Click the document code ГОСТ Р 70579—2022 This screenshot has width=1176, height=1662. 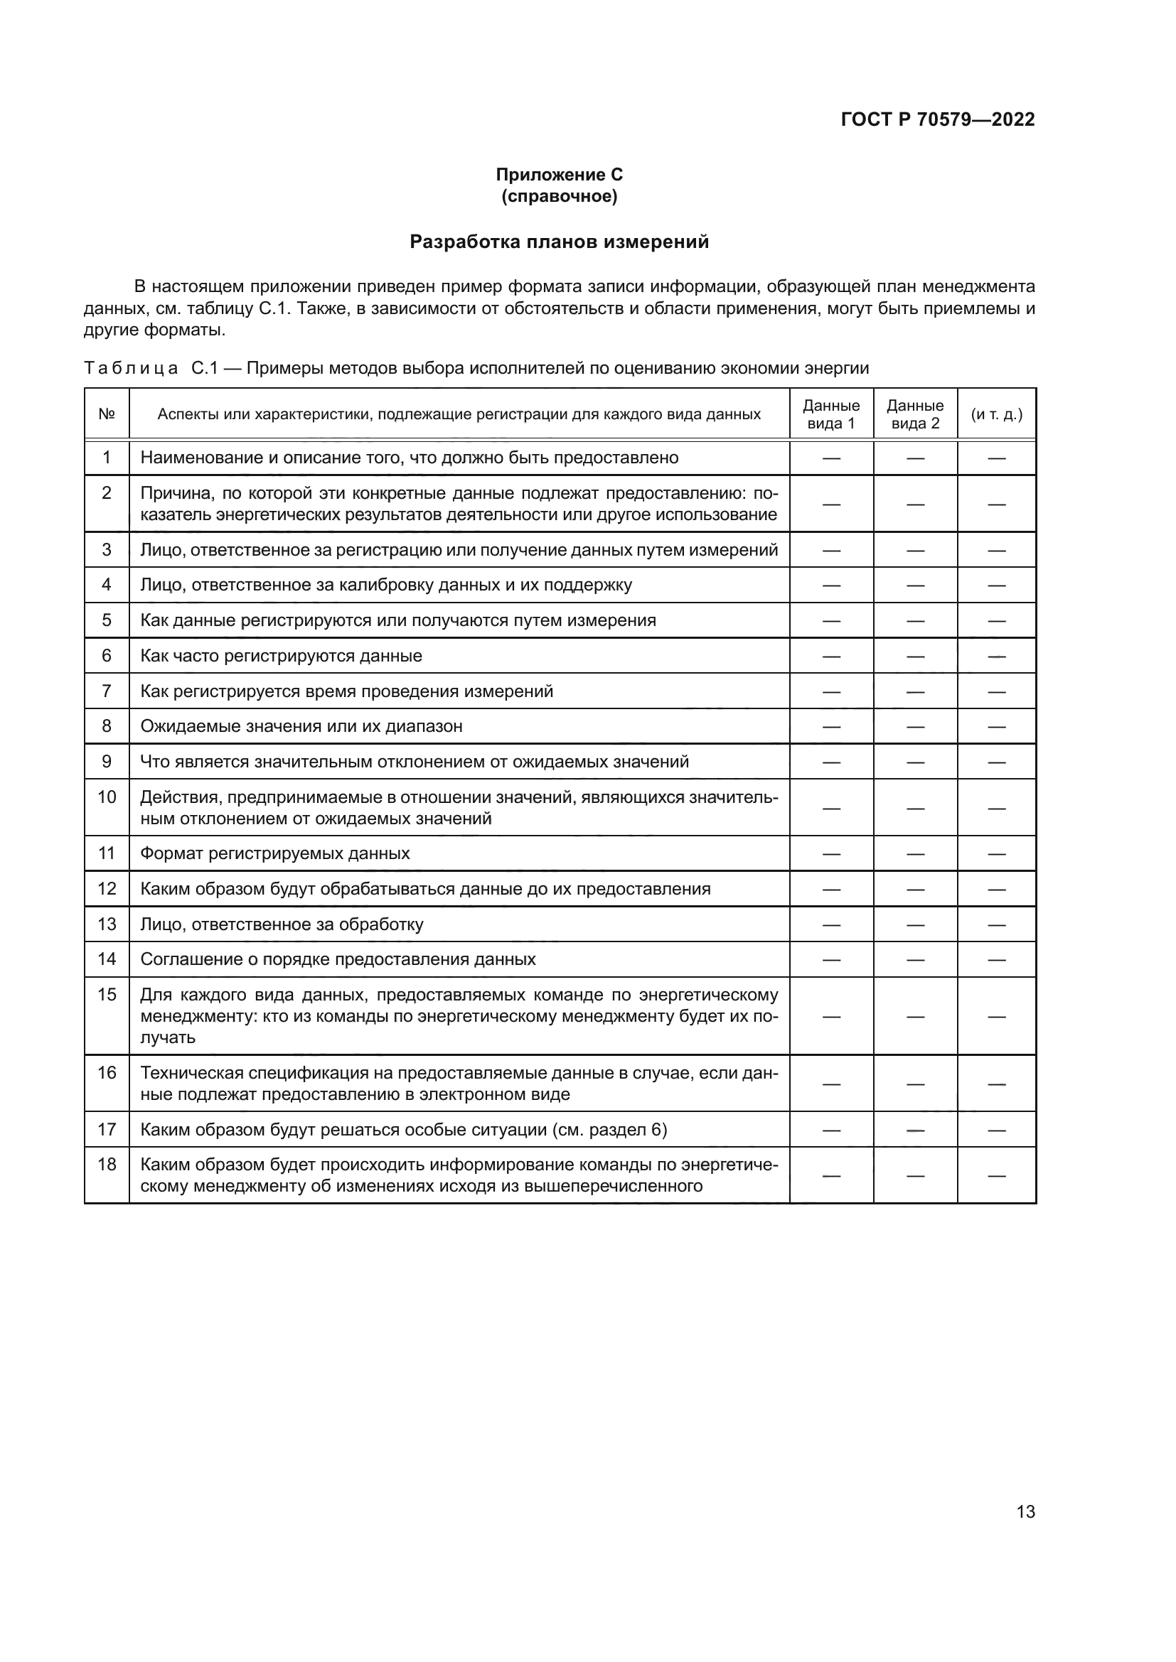pos(937,119)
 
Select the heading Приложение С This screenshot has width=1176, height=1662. pos(559,175)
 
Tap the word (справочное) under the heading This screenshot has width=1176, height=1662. pos(559,196)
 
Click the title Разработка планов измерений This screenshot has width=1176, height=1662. pos(559,242)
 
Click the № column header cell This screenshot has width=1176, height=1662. pos(107,414)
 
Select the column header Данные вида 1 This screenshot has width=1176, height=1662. pos(830,414)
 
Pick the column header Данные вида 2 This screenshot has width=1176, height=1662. pos(914,414)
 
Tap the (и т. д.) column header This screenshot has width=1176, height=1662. pos(996,414)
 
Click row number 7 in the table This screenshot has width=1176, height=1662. pos(107,691)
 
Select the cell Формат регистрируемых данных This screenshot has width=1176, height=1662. pos(274,853)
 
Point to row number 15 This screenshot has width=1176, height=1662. pos(107,995)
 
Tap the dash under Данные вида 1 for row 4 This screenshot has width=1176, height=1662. pos(830,585)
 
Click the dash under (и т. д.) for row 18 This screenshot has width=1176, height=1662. pos(996,1175)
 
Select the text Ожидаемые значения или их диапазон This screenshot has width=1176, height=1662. pos(301,726)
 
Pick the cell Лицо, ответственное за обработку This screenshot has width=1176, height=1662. pos(282,924)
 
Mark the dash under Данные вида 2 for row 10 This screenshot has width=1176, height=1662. pos(914,808)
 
